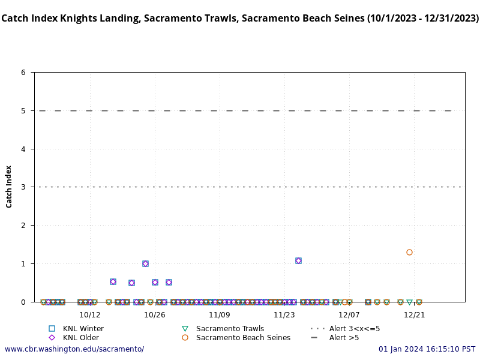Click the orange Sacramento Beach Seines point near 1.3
click(409, 252)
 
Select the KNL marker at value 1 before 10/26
click(145, 263)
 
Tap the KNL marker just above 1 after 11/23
click(298, 260)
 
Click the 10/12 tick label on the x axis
click(89, 314)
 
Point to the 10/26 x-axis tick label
click(155, 314)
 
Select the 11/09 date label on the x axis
click(220, 314)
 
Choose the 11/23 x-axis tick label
click(284, 314)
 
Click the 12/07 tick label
click(349, 314)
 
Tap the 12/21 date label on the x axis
click(414, 314)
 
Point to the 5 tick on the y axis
click(23, 110)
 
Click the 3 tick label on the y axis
click(23, 187)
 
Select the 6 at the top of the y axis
click(23, 73)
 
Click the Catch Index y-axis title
click(9, 187)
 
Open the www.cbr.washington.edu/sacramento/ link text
click(74, 349)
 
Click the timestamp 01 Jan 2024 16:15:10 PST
click(427, 349)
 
